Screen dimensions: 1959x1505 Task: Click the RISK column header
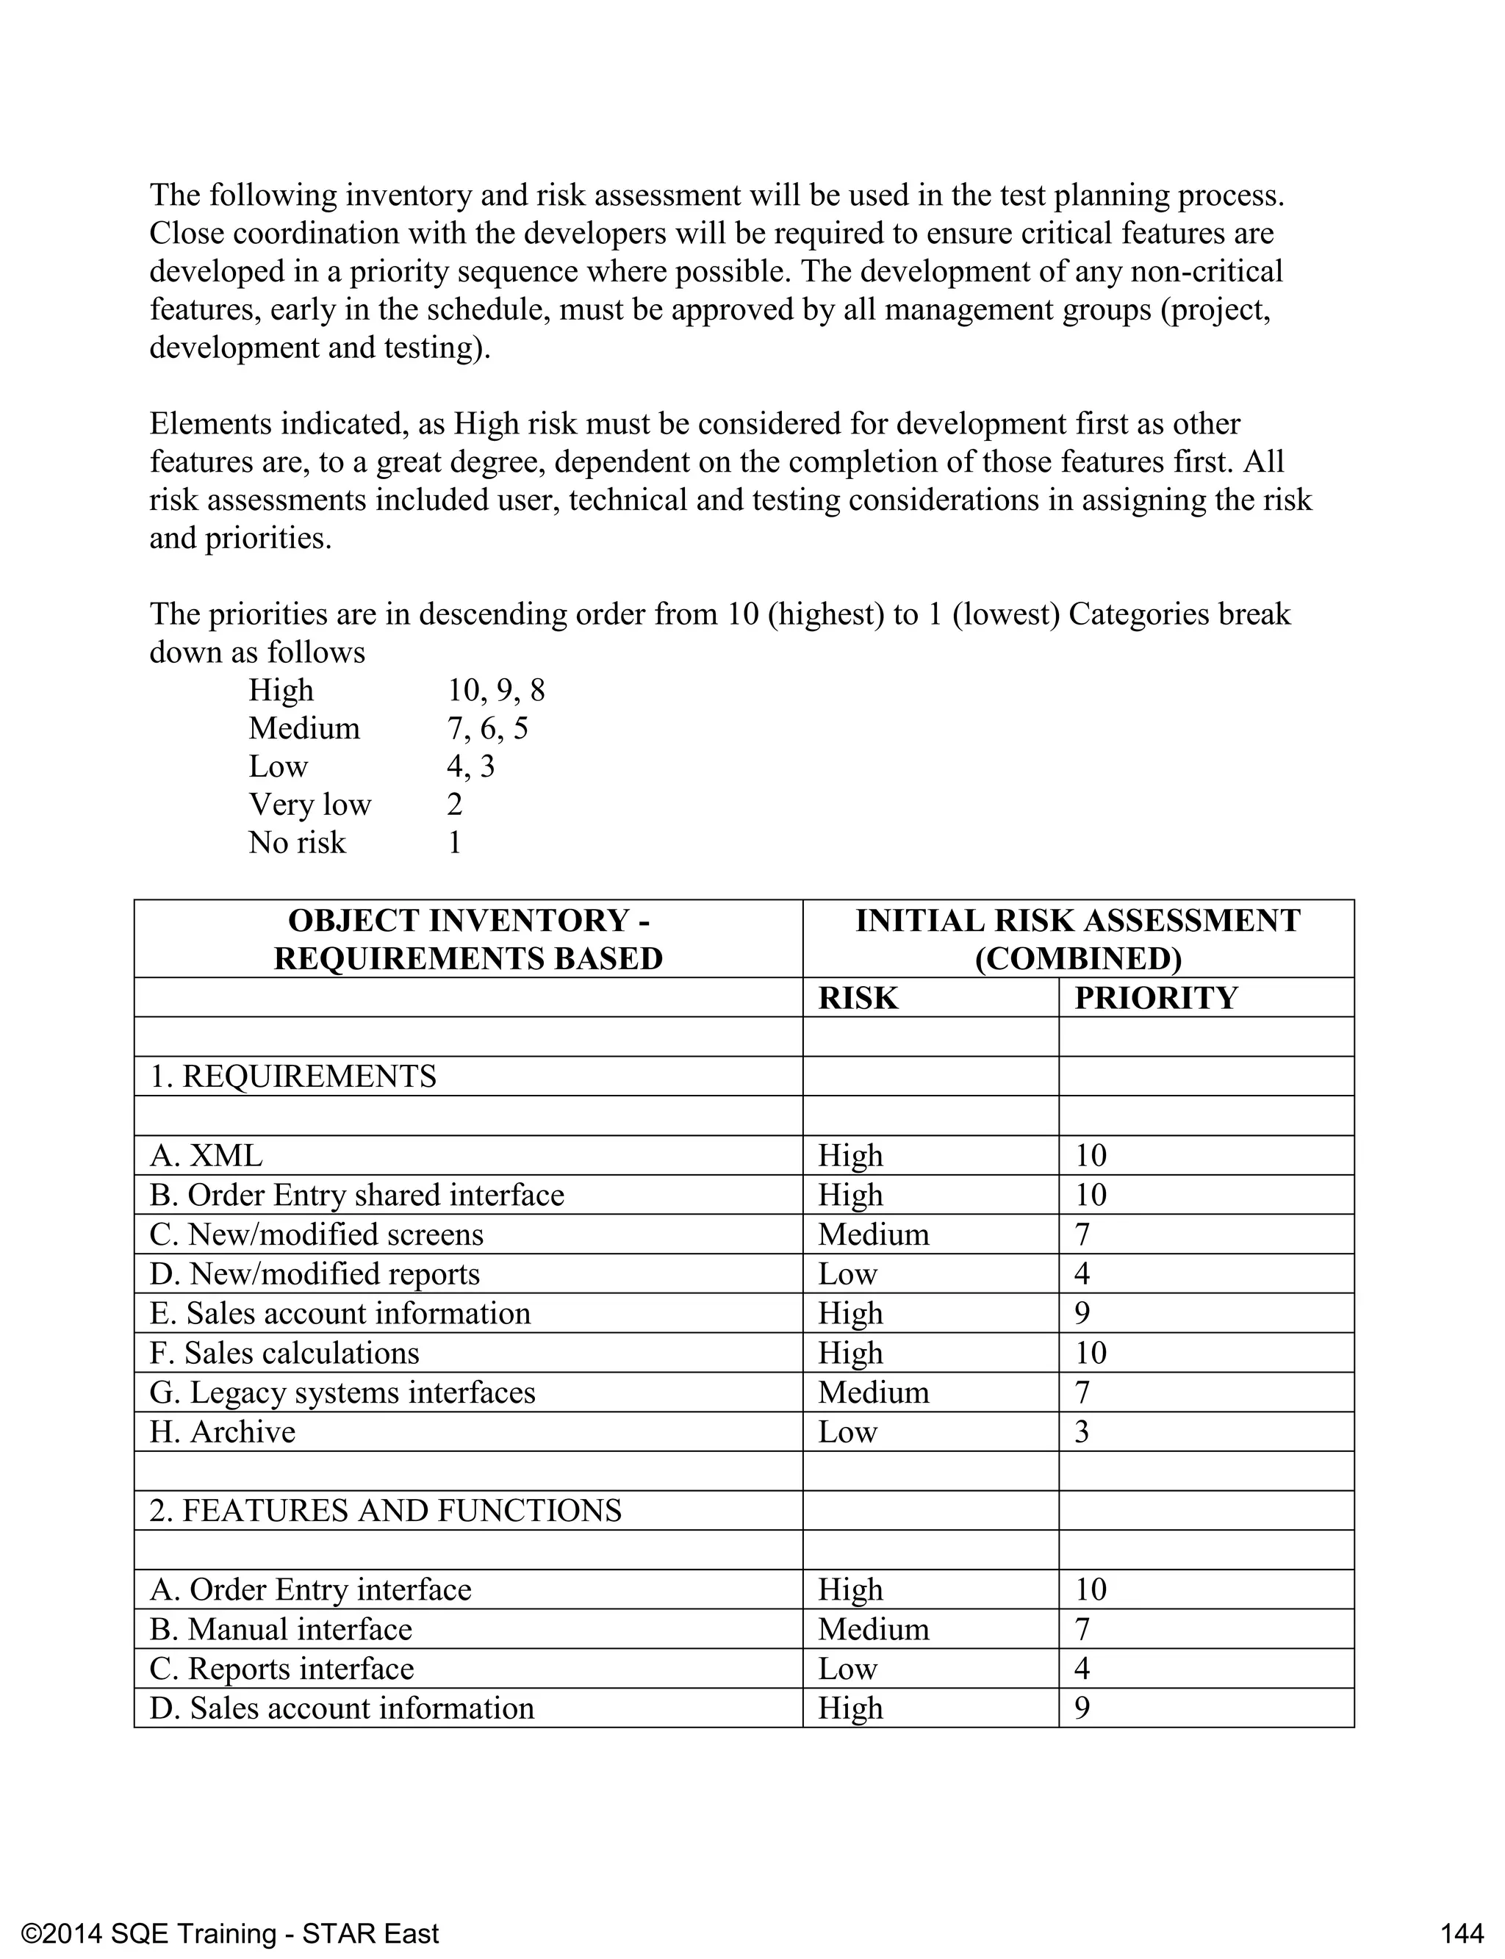(858, 998)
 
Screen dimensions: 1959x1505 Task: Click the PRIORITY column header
(1156, 998)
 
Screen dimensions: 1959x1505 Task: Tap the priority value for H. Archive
(1082, 1431)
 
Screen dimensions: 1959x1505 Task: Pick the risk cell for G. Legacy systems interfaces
(874, 1392)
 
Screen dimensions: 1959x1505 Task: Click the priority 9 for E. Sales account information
(1082, 1313)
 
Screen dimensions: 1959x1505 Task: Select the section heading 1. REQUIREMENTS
(293, 1076)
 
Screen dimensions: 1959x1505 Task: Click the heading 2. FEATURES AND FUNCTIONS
(385, 1510)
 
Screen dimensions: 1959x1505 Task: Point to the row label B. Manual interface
(281, 1628)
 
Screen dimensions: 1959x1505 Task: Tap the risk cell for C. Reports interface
(847, 1668)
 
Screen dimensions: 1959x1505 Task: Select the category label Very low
(310, 805)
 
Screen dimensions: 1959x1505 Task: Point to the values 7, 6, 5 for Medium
(487, 728)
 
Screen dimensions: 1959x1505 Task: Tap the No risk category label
(297, 843)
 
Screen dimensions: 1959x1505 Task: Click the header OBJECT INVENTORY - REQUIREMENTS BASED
(467, 940)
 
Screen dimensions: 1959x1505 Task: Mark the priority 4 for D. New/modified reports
(1082, 1273)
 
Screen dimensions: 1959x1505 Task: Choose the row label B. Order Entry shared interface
(356, 1195)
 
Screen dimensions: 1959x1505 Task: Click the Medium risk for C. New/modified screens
(874, 1234)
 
